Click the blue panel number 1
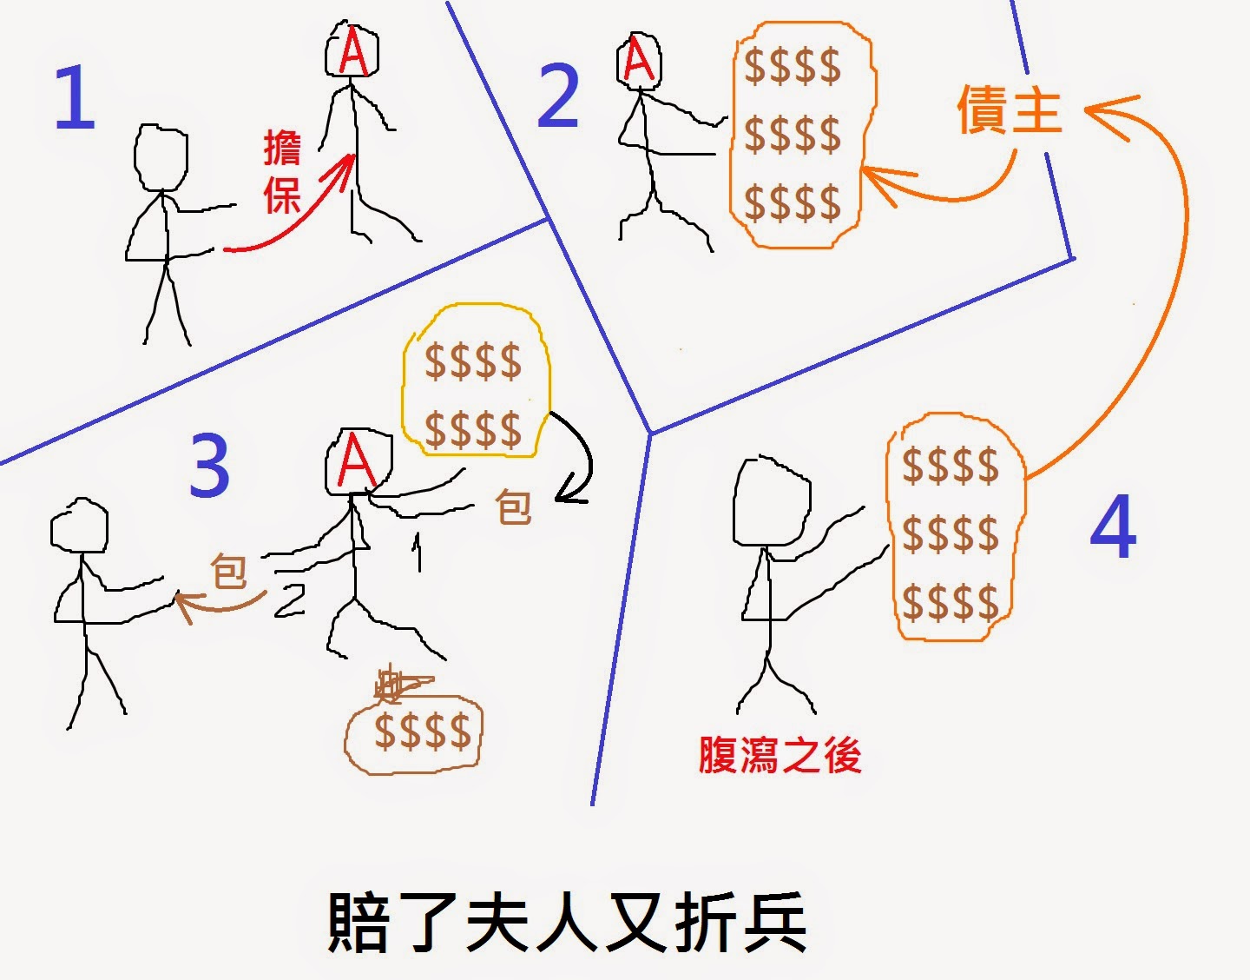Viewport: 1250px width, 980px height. click(74, 99)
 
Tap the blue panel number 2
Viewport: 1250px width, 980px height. click(557, 97)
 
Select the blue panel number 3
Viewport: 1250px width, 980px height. click(209, 466)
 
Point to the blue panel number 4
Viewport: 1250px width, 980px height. click(1113, 527)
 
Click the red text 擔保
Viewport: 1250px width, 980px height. click(282, 172)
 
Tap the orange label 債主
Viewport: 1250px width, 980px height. click(1010, 109)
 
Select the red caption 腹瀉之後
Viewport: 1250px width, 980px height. click(780, 755)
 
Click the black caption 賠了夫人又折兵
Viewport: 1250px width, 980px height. click(567, 923)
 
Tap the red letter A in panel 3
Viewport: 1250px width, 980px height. click(356, 461)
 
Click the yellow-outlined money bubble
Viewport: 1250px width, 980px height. click(474, 380)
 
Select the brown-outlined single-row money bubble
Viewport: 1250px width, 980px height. click(415, 732)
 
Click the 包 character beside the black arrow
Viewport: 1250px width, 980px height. click(513, 507)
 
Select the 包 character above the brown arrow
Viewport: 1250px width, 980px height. click(229, 572)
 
